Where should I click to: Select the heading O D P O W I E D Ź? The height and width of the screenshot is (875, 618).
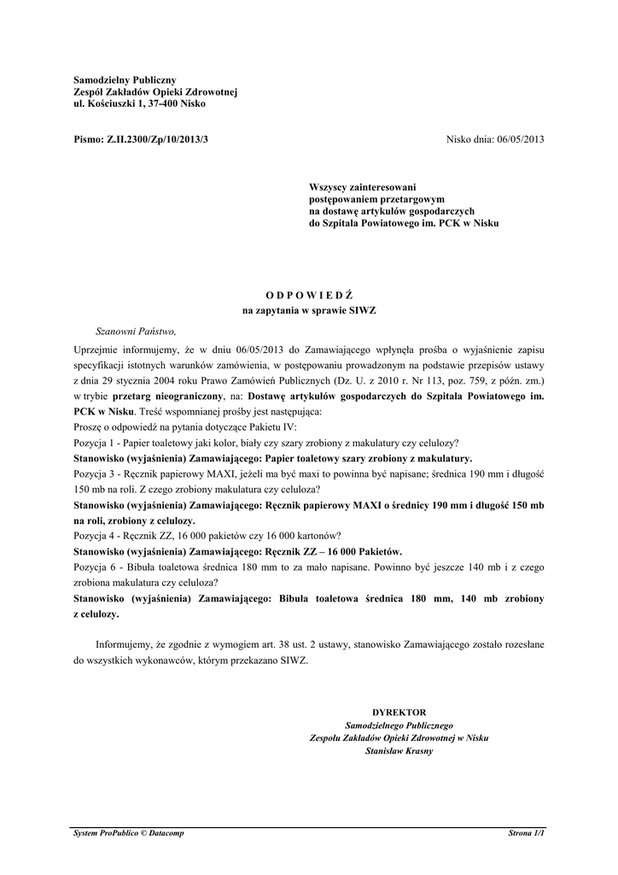pos(309,295)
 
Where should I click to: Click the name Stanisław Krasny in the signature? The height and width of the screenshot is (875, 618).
pos(399,751)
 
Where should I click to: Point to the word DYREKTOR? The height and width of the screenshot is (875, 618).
pos(399,712)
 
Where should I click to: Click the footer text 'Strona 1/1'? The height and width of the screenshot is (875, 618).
pos(527,832)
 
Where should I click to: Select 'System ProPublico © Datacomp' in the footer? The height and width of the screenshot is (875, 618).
pos(129,832)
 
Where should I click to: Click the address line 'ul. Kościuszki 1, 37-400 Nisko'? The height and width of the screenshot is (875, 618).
pos(139,103)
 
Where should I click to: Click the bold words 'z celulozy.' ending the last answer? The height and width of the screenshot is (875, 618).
pos(97,614)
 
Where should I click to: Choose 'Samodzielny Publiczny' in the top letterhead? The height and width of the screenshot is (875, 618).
pos(125,79)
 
